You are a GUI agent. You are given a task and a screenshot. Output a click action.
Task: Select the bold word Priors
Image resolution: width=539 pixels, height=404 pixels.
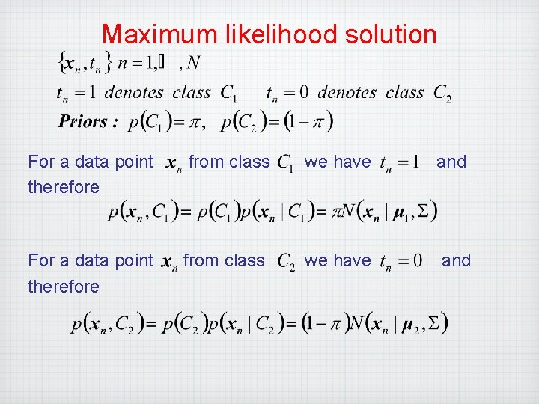(88, 121)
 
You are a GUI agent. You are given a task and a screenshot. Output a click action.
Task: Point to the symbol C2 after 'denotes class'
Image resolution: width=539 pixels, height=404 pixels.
(442, 94)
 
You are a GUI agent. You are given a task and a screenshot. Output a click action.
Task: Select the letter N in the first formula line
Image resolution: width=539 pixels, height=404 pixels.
(193, 64)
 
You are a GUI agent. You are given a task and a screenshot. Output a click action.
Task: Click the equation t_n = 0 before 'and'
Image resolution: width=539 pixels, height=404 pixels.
(401, 261)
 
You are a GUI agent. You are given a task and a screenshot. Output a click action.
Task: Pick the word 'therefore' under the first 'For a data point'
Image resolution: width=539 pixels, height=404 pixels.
(63, 187)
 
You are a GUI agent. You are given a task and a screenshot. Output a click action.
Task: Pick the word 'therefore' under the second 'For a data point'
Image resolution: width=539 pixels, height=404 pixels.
(63, 287)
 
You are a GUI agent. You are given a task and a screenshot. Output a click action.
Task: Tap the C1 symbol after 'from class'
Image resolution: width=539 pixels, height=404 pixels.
(285, 162)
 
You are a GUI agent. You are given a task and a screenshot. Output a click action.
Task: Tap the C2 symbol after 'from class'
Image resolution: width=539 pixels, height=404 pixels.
(286, 262)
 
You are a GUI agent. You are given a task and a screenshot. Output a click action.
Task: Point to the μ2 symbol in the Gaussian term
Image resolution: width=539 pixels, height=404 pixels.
(414, 325)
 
